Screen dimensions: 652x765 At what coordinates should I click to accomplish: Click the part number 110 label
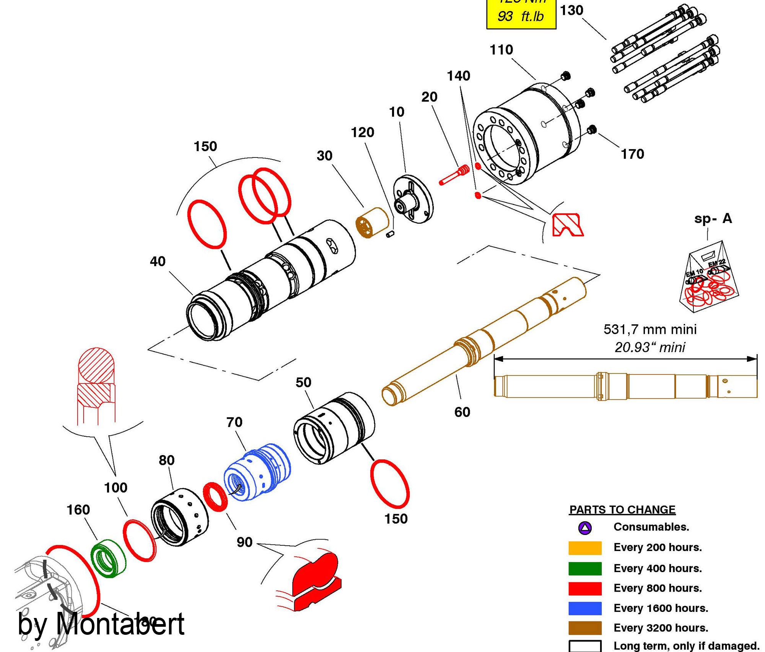(501, 50)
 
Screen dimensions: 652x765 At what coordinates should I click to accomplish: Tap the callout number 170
(632, 154)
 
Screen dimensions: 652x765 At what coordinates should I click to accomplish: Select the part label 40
(158, 262)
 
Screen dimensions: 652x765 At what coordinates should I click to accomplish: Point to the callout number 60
(462, 412)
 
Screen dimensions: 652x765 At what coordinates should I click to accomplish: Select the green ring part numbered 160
(108, 559)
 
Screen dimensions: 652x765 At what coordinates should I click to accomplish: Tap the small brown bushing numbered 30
(372, 223)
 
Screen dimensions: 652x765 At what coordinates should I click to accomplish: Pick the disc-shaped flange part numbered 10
(413, 199)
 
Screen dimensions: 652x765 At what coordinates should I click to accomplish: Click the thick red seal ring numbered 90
(215, 496)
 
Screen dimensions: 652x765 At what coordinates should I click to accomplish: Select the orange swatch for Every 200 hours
(585, 548)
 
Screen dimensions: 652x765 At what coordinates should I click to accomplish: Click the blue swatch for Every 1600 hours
(585, 608)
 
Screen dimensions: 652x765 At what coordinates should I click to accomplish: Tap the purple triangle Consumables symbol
(585, 528)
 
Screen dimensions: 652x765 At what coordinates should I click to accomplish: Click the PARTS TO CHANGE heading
(622, 510)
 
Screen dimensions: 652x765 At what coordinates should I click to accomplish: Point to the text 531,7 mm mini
(650, 329)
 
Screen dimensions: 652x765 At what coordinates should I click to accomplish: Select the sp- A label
(713, 219)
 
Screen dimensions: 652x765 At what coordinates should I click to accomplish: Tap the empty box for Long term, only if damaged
(585, 646)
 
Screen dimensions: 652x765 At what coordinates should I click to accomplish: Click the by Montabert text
(101, 624)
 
